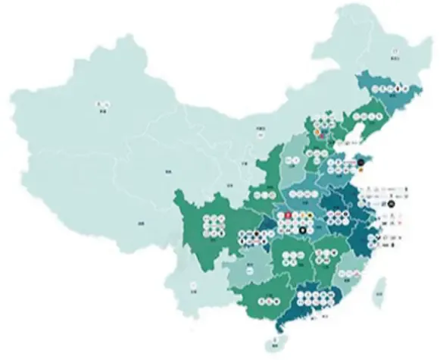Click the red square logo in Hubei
(x=289, y=216)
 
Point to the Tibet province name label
(x=142, y=224)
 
